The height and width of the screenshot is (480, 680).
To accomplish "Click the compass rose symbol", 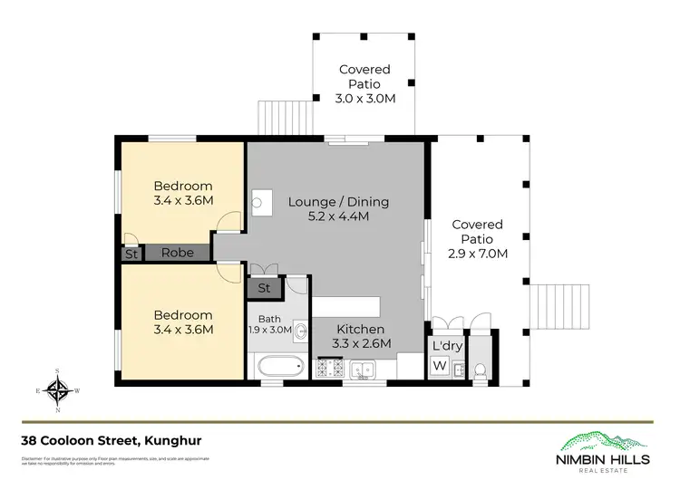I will pos(59,390).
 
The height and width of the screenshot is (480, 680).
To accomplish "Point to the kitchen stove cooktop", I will pos(327,369).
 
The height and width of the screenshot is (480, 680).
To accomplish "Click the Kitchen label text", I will pos(360,329).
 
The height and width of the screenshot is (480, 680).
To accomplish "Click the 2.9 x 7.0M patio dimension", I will pos(477,254).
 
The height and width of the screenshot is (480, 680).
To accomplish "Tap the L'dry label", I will pos(447,347).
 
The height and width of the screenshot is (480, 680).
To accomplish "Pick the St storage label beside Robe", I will pos(131,254).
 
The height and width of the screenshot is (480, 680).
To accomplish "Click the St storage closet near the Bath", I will pos(264,289).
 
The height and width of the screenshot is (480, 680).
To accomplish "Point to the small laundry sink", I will pos(458,369).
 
